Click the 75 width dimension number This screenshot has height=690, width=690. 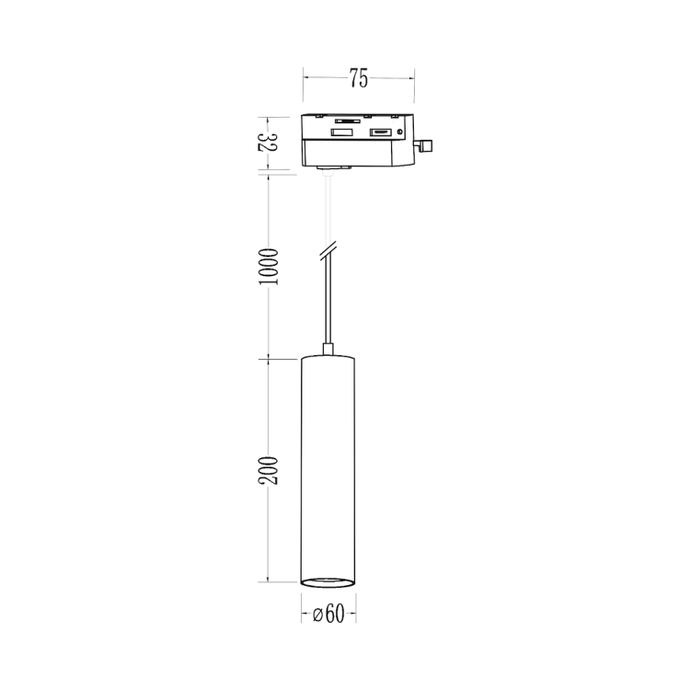[359, 79]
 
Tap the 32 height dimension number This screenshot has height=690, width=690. [268, 143]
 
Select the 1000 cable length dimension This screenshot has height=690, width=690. [268, 265]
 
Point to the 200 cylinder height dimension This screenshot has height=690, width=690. [268, 470]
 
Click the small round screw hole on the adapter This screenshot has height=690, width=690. [399, 132]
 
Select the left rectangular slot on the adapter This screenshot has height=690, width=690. [341, 133]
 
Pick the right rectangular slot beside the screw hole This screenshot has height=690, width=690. [379, 133]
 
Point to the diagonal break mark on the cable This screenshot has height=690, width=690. [328, 250]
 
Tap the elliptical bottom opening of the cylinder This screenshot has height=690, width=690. [328, 581]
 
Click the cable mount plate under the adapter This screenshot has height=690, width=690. [334, 168]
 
